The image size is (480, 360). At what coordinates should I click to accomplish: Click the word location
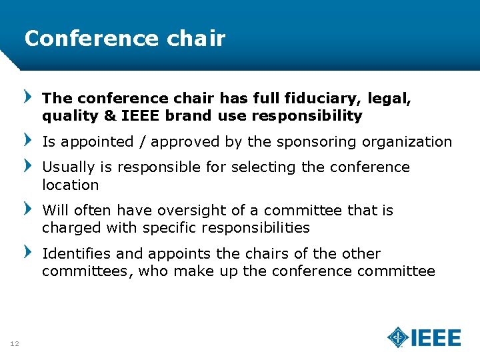(70, 185)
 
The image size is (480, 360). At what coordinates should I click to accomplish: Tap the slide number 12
(14, 343)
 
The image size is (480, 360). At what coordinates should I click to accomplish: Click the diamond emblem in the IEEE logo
(398, 337)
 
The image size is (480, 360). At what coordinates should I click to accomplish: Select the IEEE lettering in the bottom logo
(435, 338)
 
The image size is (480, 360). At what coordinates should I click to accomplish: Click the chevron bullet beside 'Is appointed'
(27, 139)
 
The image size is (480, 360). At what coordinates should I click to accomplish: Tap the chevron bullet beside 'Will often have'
(27, 208)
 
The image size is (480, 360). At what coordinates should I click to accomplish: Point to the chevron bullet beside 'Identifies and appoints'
(27, 251)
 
